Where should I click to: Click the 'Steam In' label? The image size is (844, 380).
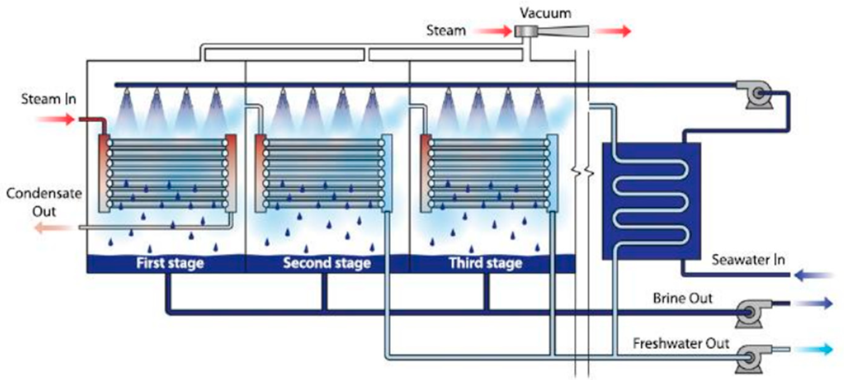(x=49, y=99)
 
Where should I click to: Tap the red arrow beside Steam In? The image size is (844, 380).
(x=56, y=119)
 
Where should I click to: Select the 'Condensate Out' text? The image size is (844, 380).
(x=44, y=202)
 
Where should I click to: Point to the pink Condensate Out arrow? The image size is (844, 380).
(x=52, y=227)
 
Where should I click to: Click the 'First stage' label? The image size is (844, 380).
(x=170, y=263)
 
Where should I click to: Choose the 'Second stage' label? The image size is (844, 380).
(x=327, y=263)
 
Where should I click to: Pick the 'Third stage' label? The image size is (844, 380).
(x=486, y=263)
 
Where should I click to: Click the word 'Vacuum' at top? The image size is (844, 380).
(x=546, y=14)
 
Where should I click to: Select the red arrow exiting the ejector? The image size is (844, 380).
(x=613, y=31)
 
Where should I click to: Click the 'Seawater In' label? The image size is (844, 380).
(x=748, y=260)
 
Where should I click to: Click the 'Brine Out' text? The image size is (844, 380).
(x=683, y=298)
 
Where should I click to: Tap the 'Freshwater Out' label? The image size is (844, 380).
(x=681, y=343)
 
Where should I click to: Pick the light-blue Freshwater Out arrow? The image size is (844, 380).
(x=814, y=349)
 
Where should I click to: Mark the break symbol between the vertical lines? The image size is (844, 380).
(x=582, y=171)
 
